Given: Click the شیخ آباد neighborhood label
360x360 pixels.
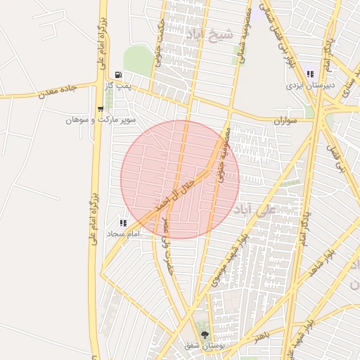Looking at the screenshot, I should click(207, 33).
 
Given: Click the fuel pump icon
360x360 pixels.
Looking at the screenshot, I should click(117, 75).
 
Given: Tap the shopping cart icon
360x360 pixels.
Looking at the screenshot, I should click(101, 108).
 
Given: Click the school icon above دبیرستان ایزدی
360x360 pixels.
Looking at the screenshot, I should click(309, 74).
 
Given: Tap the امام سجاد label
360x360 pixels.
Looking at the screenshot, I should click(124, 233).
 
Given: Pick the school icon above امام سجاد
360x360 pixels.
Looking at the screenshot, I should click(124, 222).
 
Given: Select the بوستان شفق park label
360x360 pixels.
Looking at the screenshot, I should click(202, 346).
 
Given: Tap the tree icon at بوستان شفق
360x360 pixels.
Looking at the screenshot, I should click(205, 335).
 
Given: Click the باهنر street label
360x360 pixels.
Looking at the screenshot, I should click(262, 334).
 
